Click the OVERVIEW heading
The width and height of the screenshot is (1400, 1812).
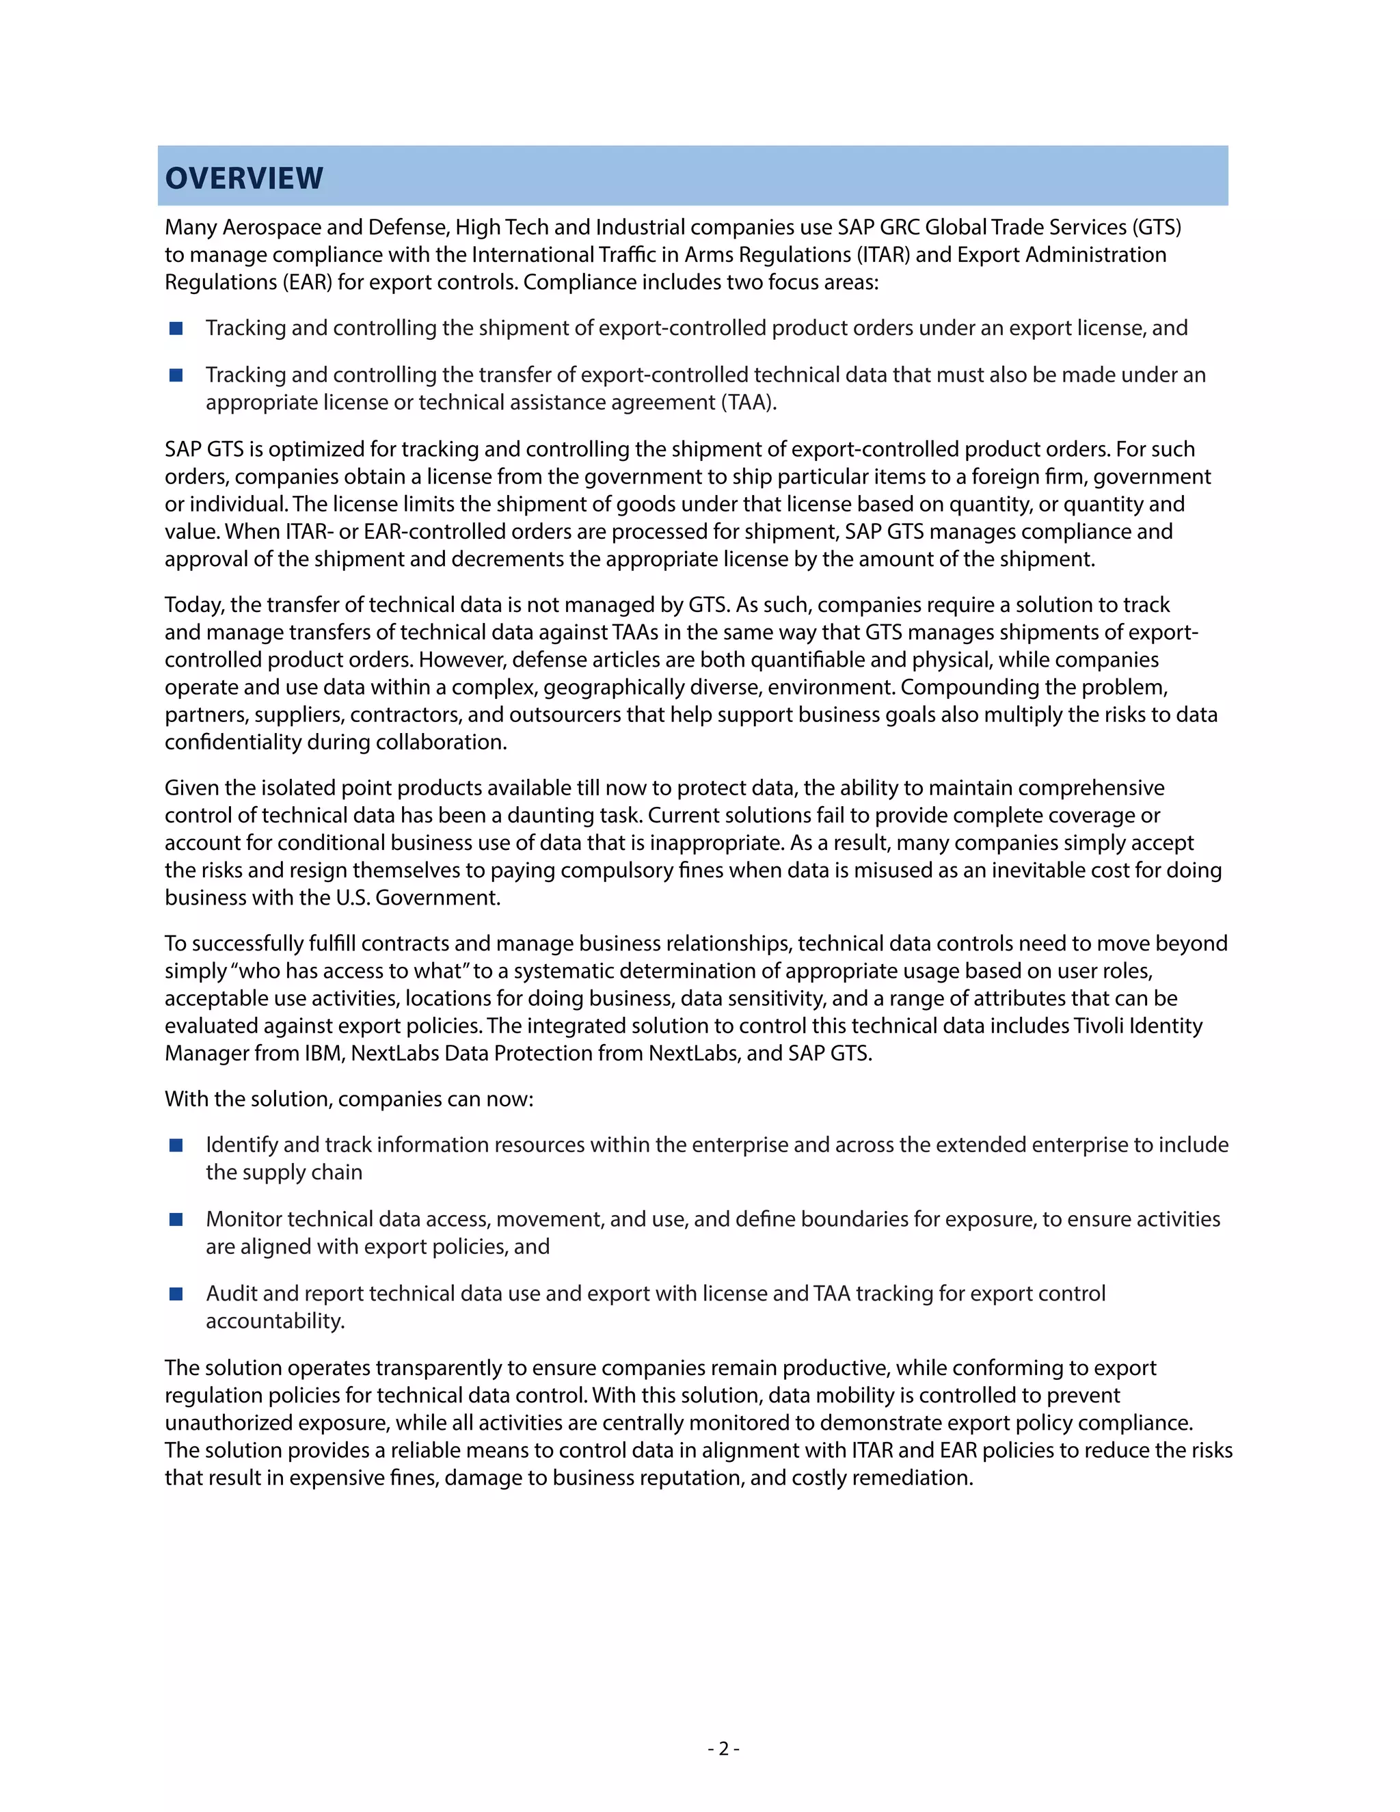point(244,178)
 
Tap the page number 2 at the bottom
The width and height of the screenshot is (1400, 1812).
point(723,1748)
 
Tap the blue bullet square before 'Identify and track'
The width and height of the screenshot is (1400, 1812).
point(176,1145)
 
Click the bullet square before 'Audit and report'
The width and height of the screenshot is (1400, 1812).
point(176,1294)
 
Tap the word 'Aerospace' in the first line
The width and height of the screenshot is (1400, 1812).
point(271,227)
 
